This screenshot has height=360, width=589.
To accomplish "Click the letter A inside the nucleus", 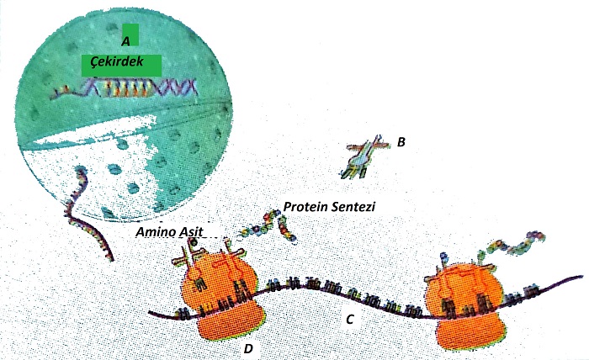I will [x=125, y=40].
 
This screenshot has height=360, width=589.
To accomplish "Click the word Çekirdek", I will [x=119, y=63].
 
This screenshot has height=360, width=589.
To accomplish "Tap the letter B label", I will [x=401, y=142].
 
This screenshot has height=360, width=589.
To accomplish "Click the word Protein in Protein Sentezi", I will [x=305, y=207].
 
